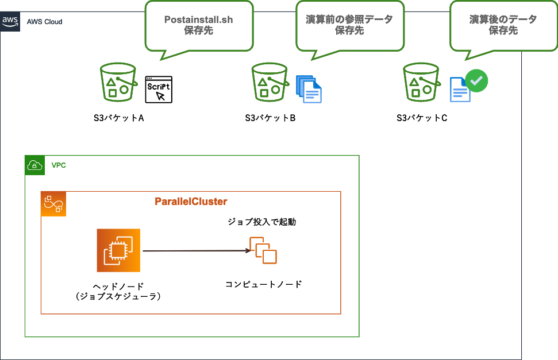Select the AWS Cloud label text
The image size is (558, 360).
point(44,22)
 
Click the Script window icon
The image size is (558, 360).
point(159,89)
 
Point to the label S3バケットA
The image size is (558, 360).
point(118,118)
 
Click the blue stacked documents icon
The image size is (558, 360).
point(309,89)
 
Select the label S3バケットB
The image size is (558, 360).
point(270,118)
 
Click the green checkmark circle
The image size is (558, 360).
point(476,81)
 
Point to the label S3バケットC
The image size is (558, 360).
point(422,118)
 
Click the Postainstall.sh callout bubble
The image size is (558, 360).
point(199,25)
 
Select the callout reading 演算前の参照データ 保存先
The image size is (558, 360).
point(349,25)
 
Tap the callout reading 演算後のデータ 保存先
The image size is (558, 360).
point(503,25)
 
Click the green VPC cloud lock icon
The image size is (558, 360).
point(35,165)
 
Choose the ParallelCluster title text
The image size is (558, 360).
point(191,202)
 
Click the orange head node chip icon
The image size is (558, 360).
point(118,250)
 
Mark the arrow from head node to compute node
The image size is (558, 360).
point(195,251)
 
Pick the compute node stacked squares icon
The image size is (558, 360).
point(263,250)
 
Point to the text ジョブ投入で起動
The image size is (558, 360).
point(262,222)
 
